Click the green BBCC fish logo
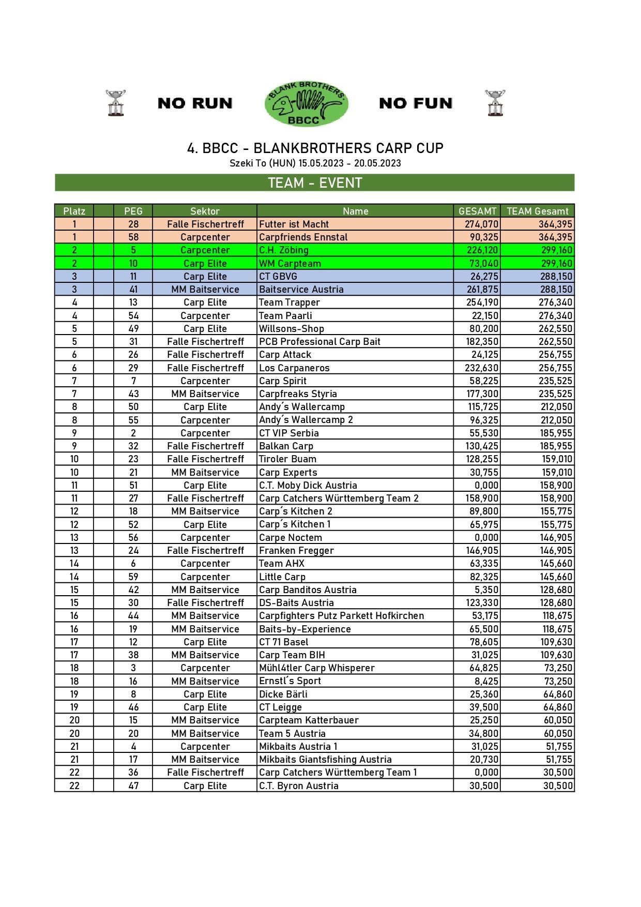point(306,103)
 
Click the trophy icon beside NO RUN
point(116,103)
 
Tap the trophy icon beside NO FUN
point(495,103)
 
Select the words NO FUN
point(416,103)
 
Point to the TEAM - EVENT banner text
point(315,183)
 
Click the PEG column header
point(133,211)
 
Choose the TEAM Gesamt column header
point(537,211)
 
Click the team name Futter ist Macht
point(294,224)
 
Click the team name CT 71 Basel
point(283,642)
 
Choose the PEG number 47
point(133,785)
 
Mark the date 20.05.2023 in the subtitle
point(377,163)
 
